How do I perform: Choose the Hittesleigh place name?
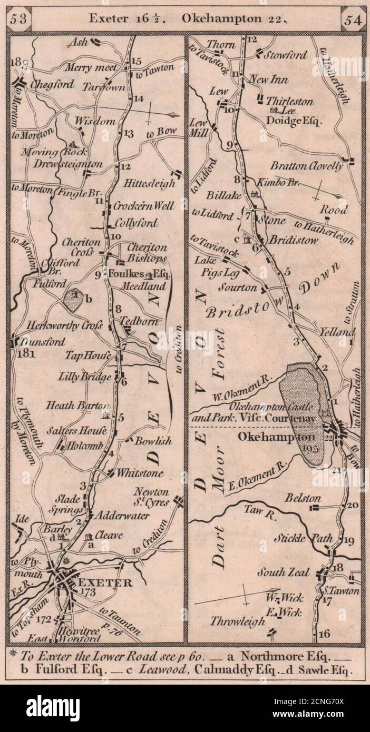(149, 184)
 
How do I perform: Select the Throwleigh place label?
(238, 621)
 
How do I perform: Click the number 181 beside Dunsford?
(25, 353)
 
